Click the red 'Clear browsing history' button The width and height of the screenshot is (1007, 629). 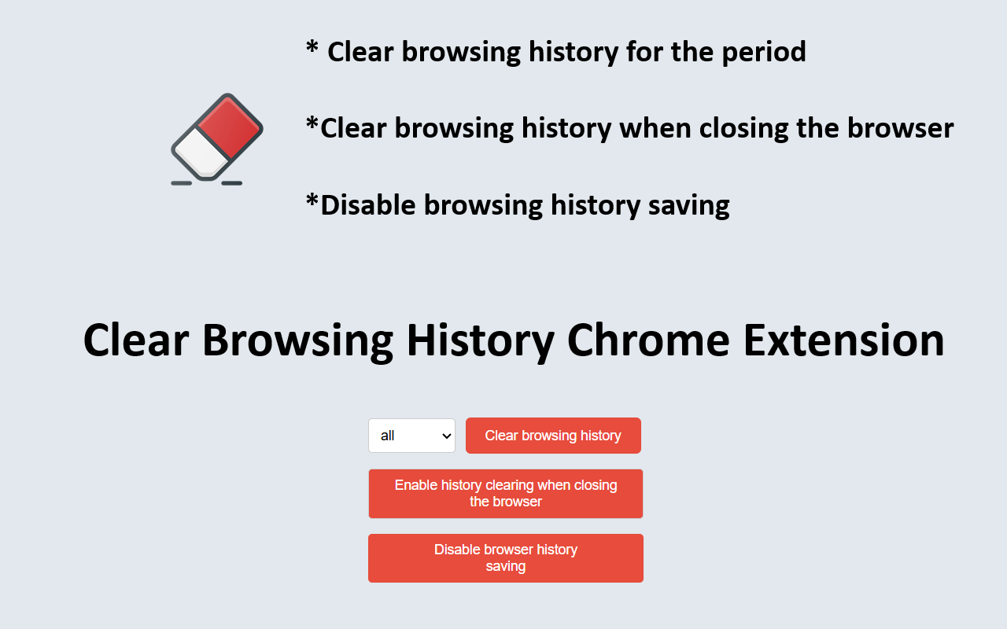[x=553, y=436]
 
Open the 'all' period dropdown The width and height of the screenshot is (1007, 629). [x=411, y=436]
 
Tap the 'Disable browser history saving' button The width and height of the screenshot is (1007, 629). [x=506, y=558]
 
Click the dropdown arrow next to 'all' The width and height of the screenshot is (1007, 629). [x=446, y=436]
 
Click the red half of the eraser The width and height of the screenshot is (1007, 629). [x=230, y=127]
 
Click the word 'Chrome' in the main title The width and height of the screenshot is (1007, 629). [x=647, y=340]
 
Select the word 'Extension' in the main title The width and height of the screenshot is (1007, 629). [x=844, y=340]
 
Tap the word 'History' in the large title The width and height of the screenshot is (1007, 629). [x=481, y=342]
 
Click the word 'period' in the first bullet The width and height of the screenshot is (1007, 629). [x=764, y=53]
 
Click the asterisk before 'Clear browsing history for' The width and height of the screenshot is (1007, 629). [x=312, y=46]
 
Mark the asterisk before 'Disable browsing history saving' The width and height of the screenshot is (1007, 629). [x=312, y=200]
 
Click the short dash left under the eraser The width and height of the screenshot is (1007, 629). [x=182, y=183]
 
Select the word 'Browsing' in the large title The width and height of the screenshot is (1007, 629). [x=297, y=342]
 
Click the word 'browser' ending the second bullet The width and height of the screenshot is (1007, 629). [x=901, y=128]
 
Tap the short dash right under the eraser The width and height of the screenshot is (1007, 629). [x=232, y=183]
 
